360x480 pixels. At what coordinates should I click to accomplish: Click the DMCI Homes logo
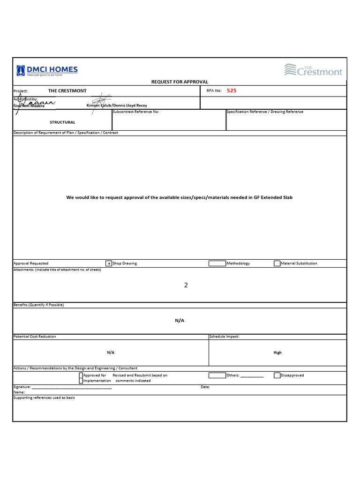pyautogui.click(x=47, y=70)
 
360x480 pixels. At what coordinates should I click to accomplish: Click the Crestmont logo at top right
pyautogui.click(x=313, y=70)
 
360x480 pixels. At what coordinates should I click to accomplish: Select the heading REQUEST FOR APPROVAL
pyautogui.click(x=180, y=82)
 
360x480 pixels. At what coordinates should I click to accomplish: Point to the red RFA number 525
pyautogui.click(x=232, y=91)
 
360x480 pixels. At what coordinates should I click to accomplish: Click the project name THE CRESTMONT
pyautogui.click(x=67, y=91)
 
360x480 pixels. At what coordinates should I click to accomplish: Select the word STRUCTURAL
pyautogui.click(x=62, y=122)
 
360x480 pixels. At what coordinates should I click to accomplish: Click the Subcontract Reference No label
pyautogui.click(x=136, y=112)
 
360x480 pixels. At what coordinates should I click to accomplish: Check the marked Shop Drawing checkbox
pyautogui.click(x=109, y=263)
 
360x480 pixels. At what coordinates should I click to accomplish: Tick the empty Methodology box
pyautogui.click(x=217, y=263)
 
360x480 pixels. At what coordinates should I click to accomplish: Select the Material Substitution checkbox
pyautogui.click(x=277, y=263)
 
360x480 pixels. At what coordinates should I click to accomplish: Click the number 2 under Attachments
pyautogui.click(x=186, y=285)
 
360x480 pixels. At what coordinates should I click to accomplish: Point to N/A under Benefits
pyautogui.click(x=180, y=321)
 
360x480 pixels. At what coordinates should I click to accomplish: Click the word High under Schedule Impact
pyautogui.click(x=277, y=352)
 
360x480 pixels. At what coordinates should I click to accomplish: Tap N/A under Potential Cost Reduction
pyautogui.click(x=111, y=352)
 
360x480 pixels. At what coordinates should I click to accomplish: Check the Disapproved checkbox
pyautogui.click(x=277, y=375)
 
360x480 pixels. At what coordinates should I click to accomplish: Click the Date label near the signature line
pyautogui.click(x=205, y=387)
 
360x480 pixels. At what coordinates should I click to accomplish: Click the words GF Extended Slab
pyautogui.click(x=273, y=197)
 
